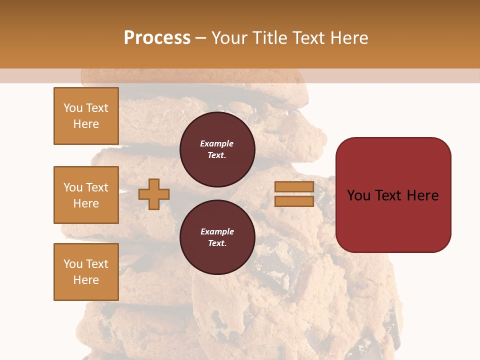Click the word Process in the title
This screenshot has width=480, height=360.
click(157, 38)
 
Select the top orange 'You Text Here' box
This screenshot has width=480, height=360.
click(86, 116)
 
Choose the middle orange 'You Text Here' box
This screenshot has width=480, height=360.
click(86, 195)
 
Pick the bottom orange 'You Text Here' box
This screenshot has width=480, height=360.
click(86, 272)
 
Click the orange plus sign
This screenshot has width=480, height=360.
click(154, 194)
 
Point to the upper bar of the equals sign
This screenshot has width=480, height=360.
click(294, 187)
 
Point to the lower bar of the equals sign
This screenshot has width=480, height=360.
click(294, 201)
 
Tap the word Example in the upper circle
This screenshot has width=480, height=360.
click(217, 143)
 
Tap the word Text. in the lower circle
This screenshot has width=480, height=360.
click(217, 243)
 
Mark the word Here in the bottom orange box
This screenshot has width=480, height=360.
click(86, 280)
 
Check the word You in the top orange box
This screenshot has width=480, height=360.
click(73, 108)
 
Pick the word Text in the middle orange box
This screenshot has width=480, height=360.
click(96, 187)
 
